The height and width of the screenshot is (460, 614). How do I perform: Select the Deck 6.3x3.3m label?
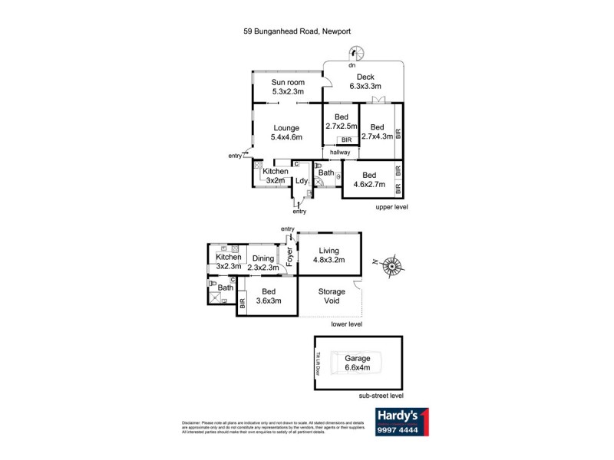(x=365, y=81)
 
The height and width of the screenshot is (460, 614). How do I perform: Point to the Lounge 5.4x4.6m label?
(x=286, y=133)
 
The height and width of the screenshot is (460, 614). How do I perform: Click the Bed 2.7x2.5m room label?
(x=341, y=120)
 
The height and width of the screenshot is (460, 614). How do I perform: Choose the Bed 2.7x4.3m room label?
(x=377, y=131)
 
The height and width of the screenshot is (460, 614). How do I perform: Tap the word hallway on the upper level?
(x=340, y=153)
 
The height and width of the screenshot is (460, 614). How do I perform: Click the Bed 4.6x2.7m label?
(x=370, y=179)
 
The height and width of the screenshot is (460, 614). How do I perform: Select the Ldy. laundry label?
(x=302, y=181)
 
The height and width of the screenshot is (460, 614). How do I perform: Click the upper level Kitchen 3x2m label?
(x=275, y=176)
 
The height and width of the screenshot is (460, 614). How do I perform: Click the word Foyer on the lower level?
(x=290, y=256)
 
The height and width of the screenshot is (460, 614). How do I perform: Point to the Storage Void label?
(x=332, y=297)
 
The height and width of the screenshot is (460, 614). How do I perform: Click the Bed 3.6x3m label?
(x=268, y=296)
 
